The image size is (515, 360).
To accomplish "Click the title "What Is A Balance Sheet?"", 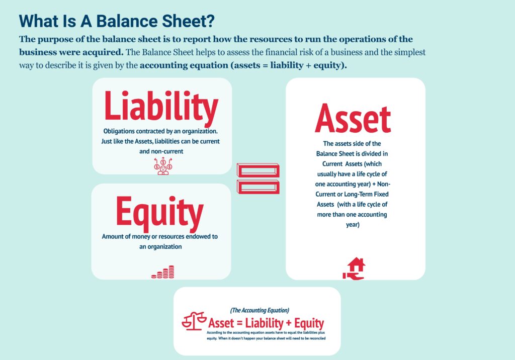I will (117, 21).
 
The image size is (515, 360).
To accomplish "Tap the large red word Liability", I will (161, 107).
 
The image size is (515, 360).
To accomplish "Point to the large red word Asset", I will (353, 119).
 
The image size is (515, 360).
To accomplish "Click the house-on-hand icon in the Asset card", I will (354, 268).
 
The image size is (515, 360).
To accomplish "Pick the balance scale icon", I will (194, 321).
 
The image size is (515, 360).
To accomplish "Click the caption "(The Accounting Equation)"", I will (260, 310).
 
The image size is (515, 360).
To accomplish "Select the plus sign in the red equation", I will (288, 323).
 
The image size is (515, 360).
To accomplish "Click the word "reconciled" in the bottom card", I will (314, 338).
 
